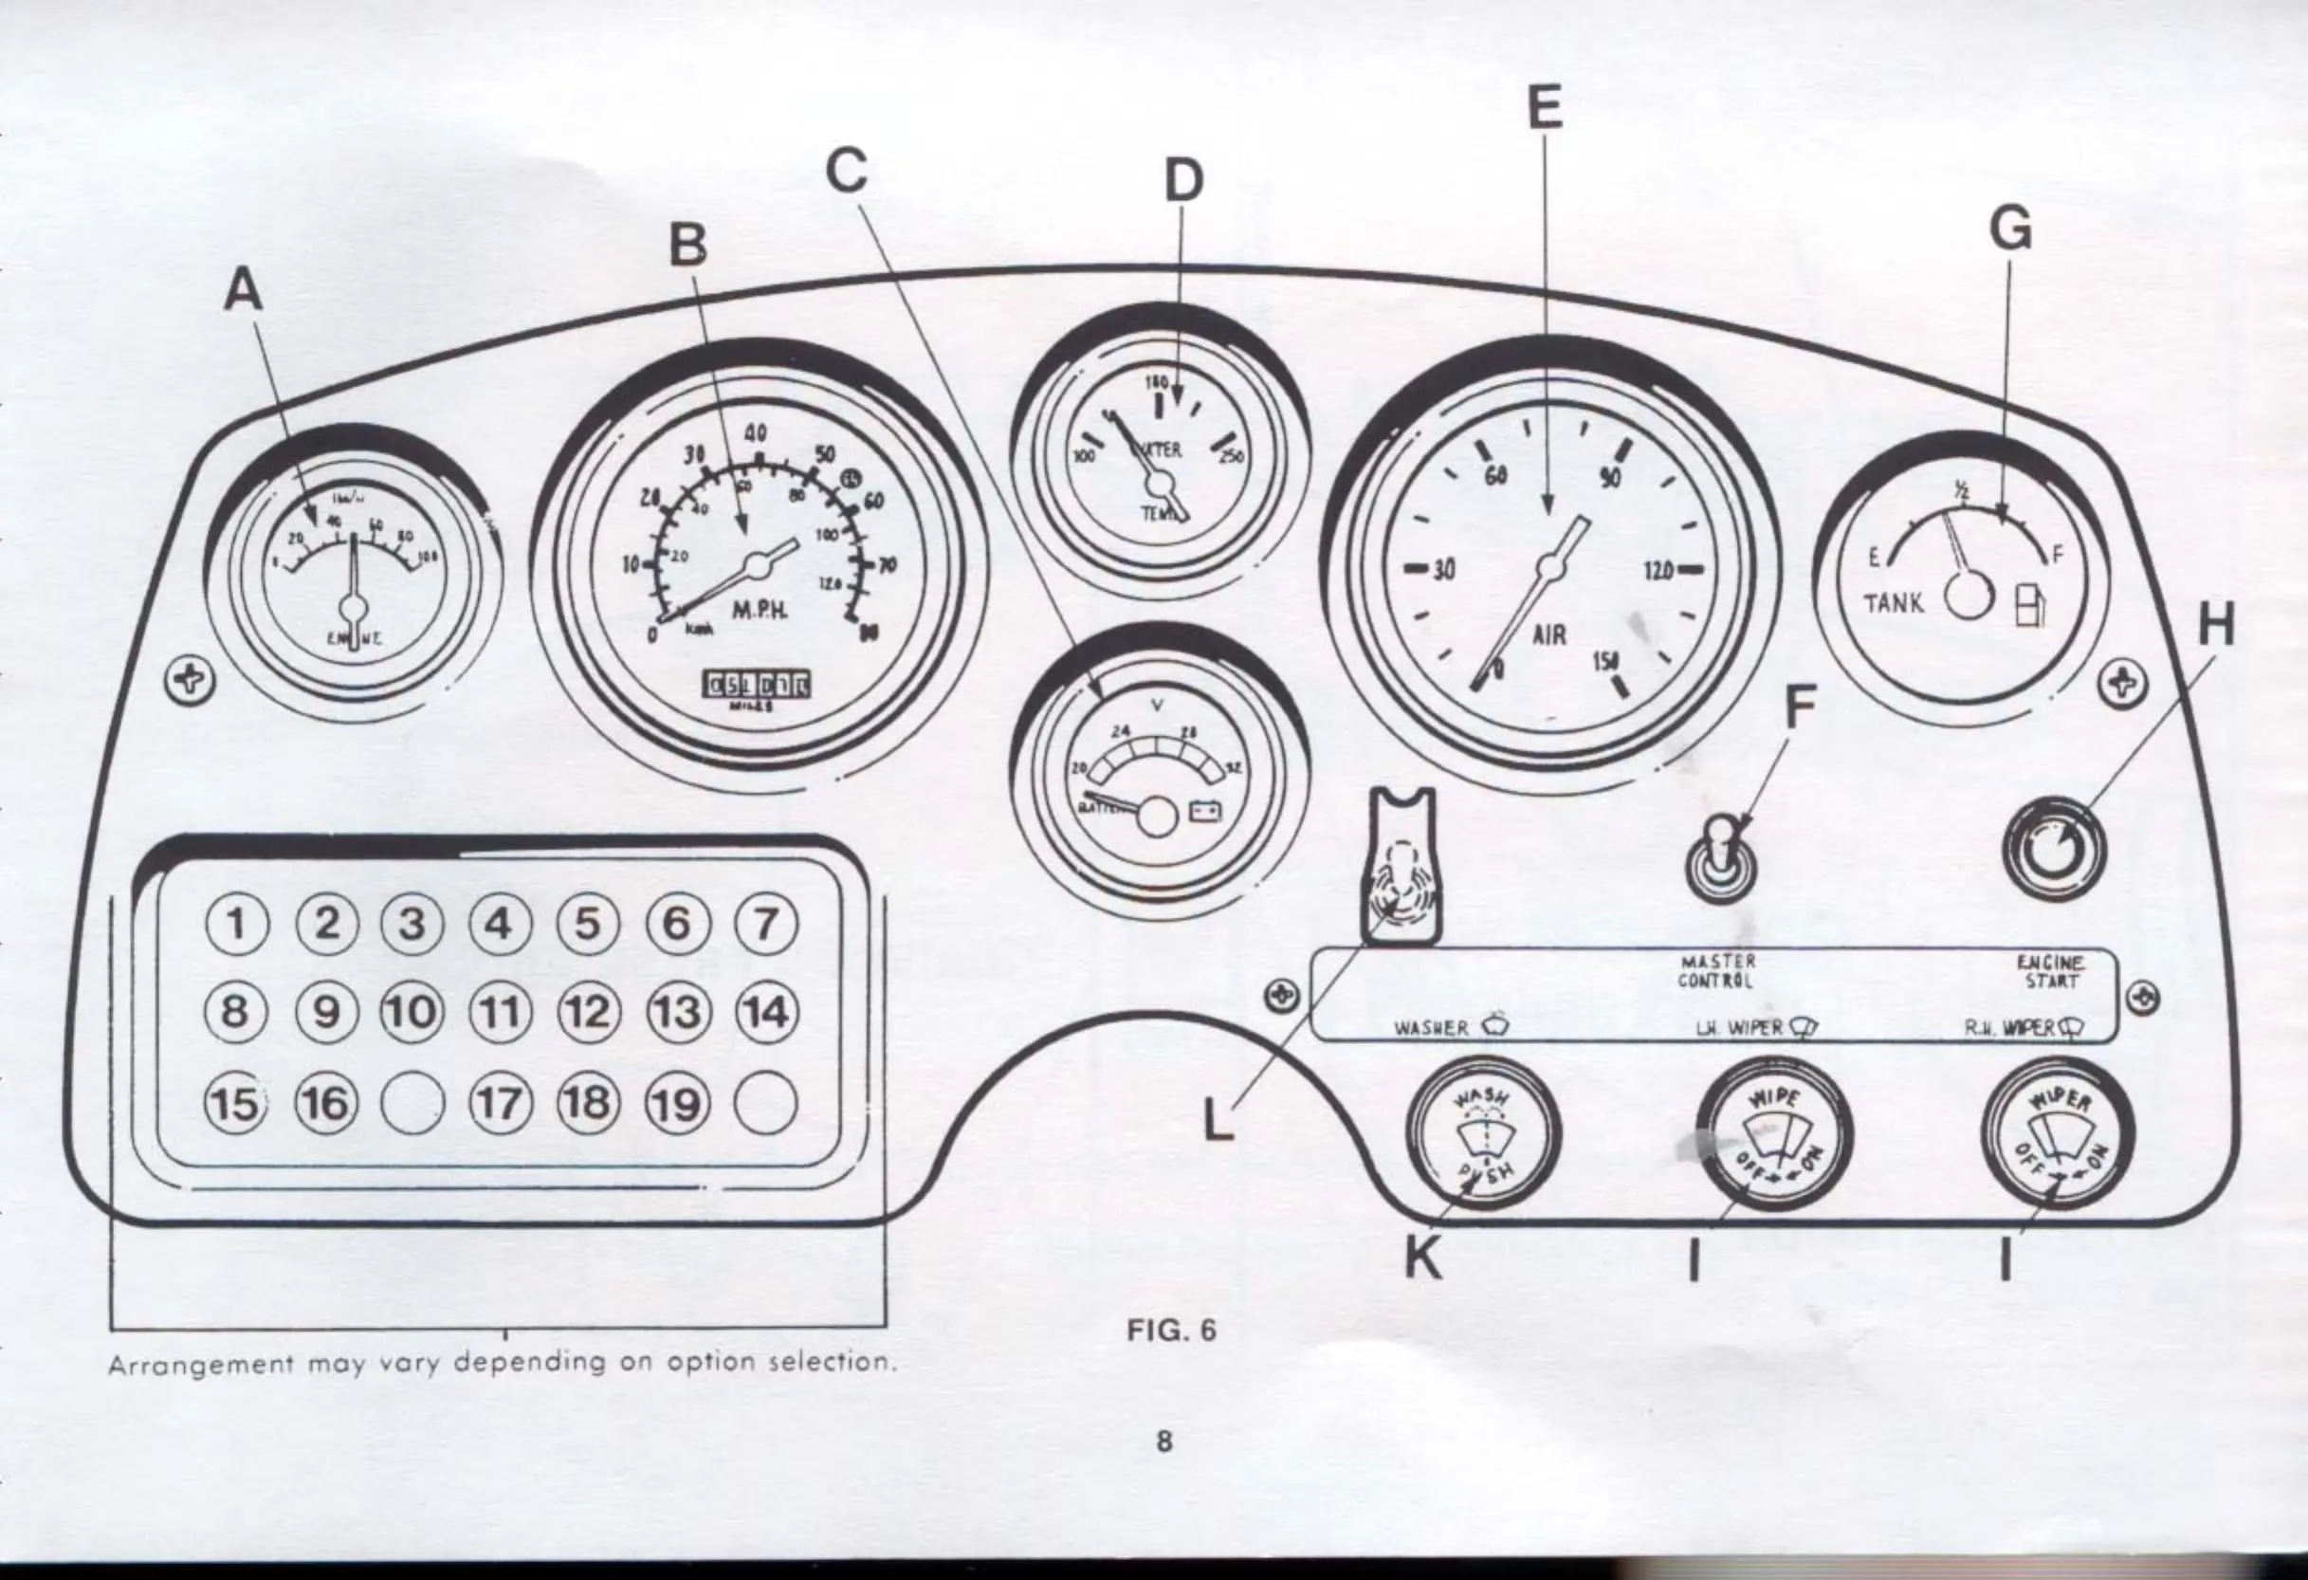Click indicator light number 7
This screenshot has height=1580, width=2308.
click(x=764, y=925)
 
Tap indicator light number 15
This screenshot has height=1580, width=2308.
click(x=235, y=1102)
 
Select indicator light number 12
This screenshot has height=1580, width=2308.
click(x=589, y=1013)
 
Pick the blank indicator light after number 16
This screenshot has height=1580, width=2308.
click(x=412, y=1103)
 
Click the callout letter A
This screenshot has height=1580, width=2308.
click(x=245, y=292)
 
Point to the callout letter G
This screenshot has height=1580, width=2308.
click(x=2010, y=231)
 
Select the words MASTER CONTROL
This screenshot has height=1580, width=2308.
click(x=1717, y=970)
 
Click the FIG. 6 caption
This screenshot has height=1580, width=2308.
click(x=1172, y=1330)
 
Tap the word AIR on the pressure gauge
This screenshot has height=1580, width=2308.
click(x=1548, y=633)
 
